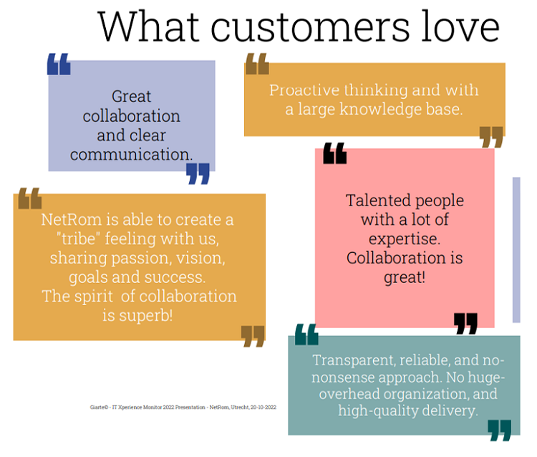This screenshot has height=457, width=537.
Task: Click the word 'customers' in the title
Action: (309, 27)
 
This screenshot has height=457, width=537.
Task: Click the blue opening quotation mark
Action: (59, 64)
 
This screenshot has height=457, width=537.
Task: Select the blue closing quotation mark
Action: (198, 173)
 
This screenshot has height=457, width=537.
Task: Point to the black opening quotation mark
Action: (335, 153)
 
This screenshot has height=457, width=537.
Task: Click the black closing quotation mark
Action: (465, 323)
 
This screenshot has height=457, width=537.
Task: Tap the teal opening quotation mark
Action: (306, 334)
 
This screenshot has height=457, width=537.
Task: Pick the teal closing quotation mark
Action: (500, 430)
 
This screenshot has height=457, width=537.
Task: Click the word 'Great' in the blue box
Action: (131, 97)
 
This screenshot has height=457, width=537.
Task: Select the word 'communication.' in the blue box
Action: (131, 155)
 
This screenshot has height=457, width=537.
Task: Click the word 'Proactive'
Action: (304, 90)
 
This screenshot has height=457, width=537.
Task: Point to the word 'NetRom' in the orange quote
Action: (71, 220)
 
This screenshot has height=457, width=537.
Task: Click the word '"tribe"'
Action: (79, 239)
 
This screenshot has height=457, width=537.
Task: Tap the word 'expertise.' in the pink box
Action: (405, 239)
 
